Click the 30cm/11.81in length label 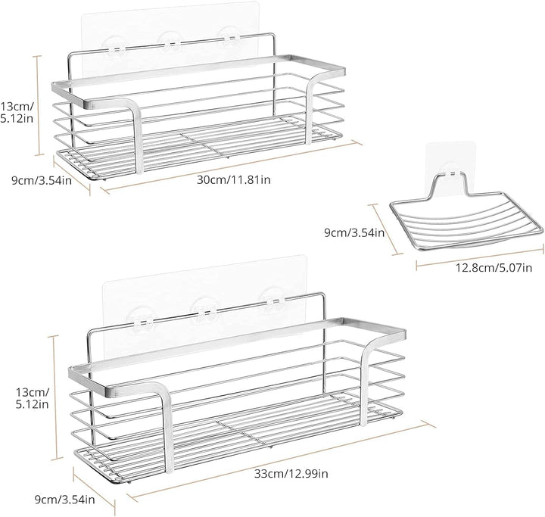click(x=234, y=180)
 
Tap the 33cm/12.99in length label click(x=291, y=473)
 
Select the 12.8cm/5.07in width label click(x=494, y=268)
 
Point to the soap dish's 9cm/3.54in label click(x=354, y=232)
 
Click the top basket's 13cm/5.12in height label click(x=17, y=112)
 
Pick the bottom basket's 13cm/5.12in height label click(x=33, y=398)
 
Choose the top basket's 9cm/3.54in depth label click(x=42, y=180)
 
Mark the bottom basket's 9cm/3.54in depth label click(x=64, y=500)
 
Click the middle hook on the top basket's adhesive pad click(x=170, y=42)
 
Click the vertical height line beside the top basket click(x=39, y=105)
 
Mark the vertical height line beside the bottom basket click(x=55, y=397)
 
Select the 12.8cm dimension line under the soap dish click(x=480, y=257)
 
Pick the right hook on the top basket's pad click(x=229, y=38)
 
